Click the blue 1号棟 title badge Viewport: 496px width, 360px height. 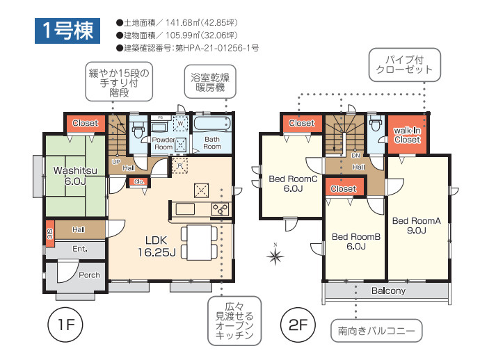(x=67, y=31)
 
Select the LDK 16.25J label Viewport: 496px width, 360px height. (x=156, y=246)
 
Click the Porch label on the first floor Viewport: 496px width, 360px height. (x=88, y=275)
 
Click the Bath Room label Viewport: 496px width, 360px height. (x=212, y=142)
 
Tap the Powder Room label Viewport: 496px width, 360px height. (x=163, y=142)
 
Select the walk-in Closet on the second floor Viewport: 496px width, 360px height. (x=407, y=135)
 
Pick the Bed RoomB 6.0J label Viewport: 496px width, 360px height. (x=355, y=241)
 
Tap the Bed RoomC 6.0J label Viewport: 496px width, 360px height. (x=292, y=183)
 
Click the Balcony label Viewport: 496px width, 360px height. (x=388, y=291)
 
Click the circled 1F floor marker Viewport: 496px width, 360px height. (x=65, y=325)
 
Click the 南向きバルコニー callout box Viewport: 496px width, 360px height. (x=376, y=331)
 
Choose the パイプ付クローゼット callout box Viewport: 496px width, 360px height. (x=404, y=64)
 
